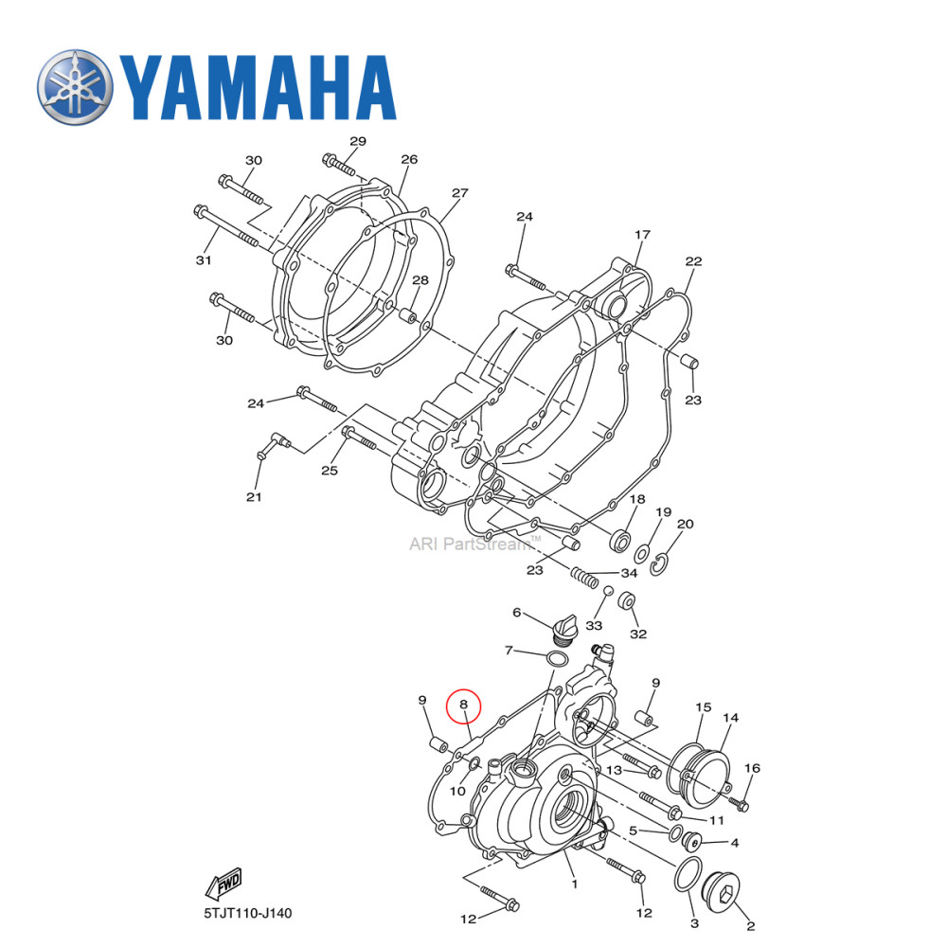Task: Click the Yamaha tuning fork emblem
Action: [x=75, y=86]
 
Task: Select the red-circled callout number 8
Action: [x=464, y=705]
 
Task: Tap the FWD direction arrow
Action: [x=223, y=884]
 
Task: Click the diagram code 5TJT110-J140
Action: [x=248, y=914]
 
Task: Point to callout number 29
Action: [x=356, y=141]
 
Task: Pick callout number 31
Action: [x=202, y=260]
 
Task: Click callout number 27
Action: [x=459, y=193]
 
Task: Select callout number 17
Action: [x=642, y=235]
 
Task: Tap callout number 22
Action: [x=693, y=261]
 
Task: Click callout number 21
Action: [x=254, y=496]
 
